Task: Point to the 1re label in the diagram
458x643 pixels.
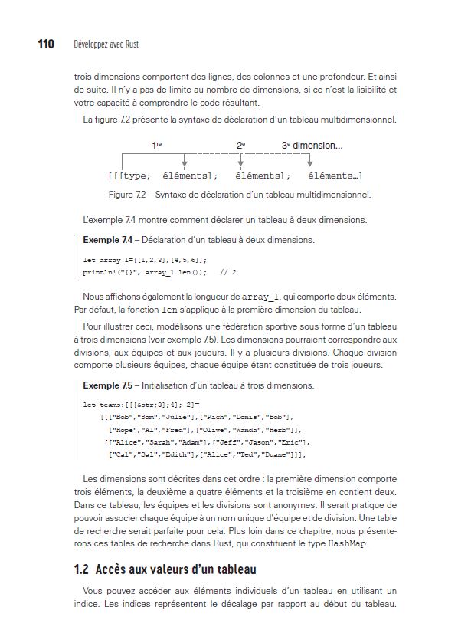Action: point(159,145)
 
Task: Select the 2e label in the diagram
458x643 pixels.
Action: point(240,145)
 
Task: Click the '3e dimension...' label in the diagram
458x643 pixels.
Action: point(312,145)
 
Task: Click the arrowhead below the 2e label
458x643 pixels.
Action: point(240,162)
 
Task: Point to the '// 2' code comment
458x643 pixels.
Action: point(228,271)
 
